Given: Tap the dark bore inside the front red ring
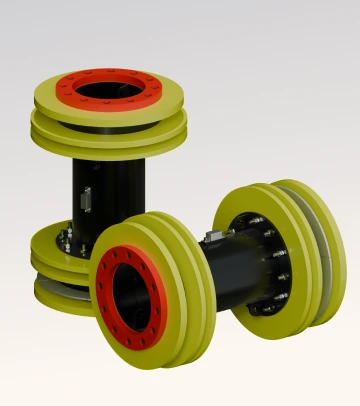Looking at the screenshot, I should coord(129,295).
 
